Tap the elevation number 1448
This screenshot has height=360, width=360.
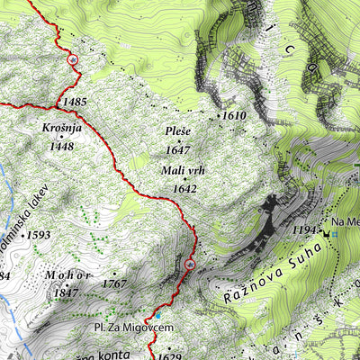point(61,146)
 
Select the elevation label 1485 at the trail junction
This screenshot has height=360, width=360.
point(75,102)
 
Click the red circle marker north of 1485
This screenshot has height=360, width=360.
point(72,59)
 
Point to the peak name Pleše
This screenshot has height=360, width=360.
point(178,132)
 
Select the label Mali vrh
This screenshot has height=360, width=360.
point(178,172)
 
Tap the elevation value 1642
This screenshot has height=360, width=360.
point(184,188)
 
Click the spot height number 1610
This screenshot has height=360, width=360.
point(234,116)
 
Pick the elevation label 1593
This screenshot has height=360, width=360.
point(39,235)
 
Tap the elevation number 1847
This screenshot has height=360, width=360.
point(67,292)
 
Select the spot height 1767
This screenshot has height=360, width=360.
point(113,283)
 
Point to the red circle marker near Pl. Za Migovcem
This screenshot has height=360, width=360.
point(189,265)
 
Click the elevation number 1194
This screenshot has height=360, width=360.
point(306,230)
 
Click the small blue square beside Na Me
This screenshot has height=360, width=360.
point(334,234)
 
